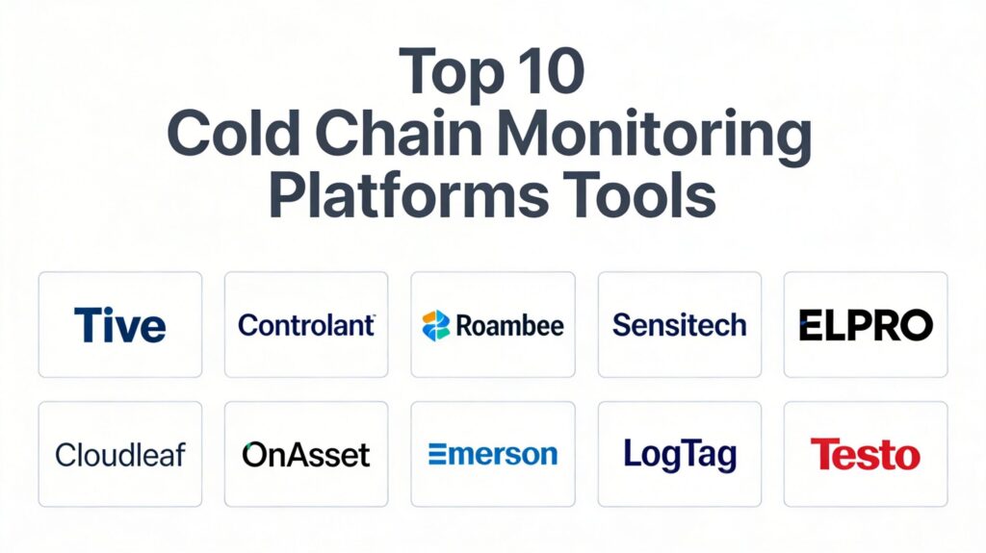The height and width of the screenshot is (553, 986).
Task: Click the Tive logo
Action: (x=120, y=325)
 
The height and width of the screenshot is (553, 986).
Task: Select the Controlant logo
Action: (x=306, y=325)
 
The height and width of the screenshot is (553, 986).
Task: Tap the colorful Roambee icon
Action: (x=436, y=325)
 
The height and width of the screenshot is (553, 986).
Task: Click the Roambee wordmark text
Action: (x=510, y=325)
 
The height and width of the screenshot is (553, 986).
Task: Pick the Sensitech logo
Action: (x=679, y=325)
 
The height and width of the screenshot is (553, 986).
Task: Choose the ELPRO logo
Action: (x=866, y=325)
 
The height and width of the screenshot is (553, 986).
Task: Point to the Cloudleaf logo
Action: (x=120, y=455)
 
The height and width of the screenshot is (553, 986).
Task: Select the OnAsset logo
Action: (x=306, y=455)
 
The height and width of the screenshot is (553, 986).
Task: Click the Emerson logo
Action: (x=493, y=454)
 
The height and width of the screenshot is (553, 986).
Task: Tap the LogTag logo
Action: (x=680, y=456)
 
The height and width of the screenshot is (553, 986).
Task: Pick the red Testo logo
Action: (x=866, y=454)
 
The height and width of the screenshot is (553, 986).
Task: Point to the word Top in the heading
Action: (x=452, y=74)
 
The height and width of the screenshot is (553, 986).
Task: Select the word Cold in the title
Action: (x=233, y=134)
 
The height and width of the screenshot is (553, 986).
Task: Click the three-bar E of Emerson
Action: (x=437, y=454)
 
